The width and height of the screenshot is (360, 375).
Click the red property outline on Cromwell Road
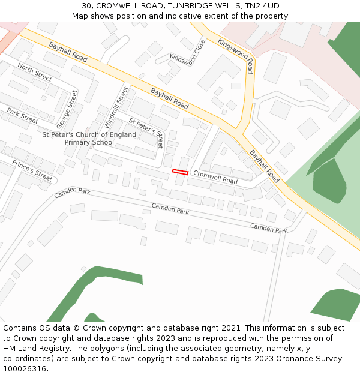[180, 172]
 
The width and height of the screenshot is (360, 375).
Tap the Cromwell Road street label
[215, 177]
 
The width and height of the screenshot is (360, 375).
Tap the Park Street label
[23, 116]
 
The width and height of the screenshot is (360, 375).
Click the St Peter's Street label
[146, 133]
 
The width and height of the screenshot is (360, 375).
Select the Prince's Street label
[32, 170]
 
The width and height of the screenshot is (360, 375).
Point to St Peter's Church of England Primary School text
[89, 139]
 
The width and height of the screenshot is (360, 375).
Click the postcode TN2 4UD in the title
[262, 5]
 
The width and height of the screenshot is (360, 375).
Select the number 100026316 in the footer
[24, 369]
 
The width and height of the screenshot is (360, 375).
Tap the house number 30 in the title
[86, 5]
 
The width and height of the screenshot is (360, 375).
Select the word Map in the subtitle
[80, 16]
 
